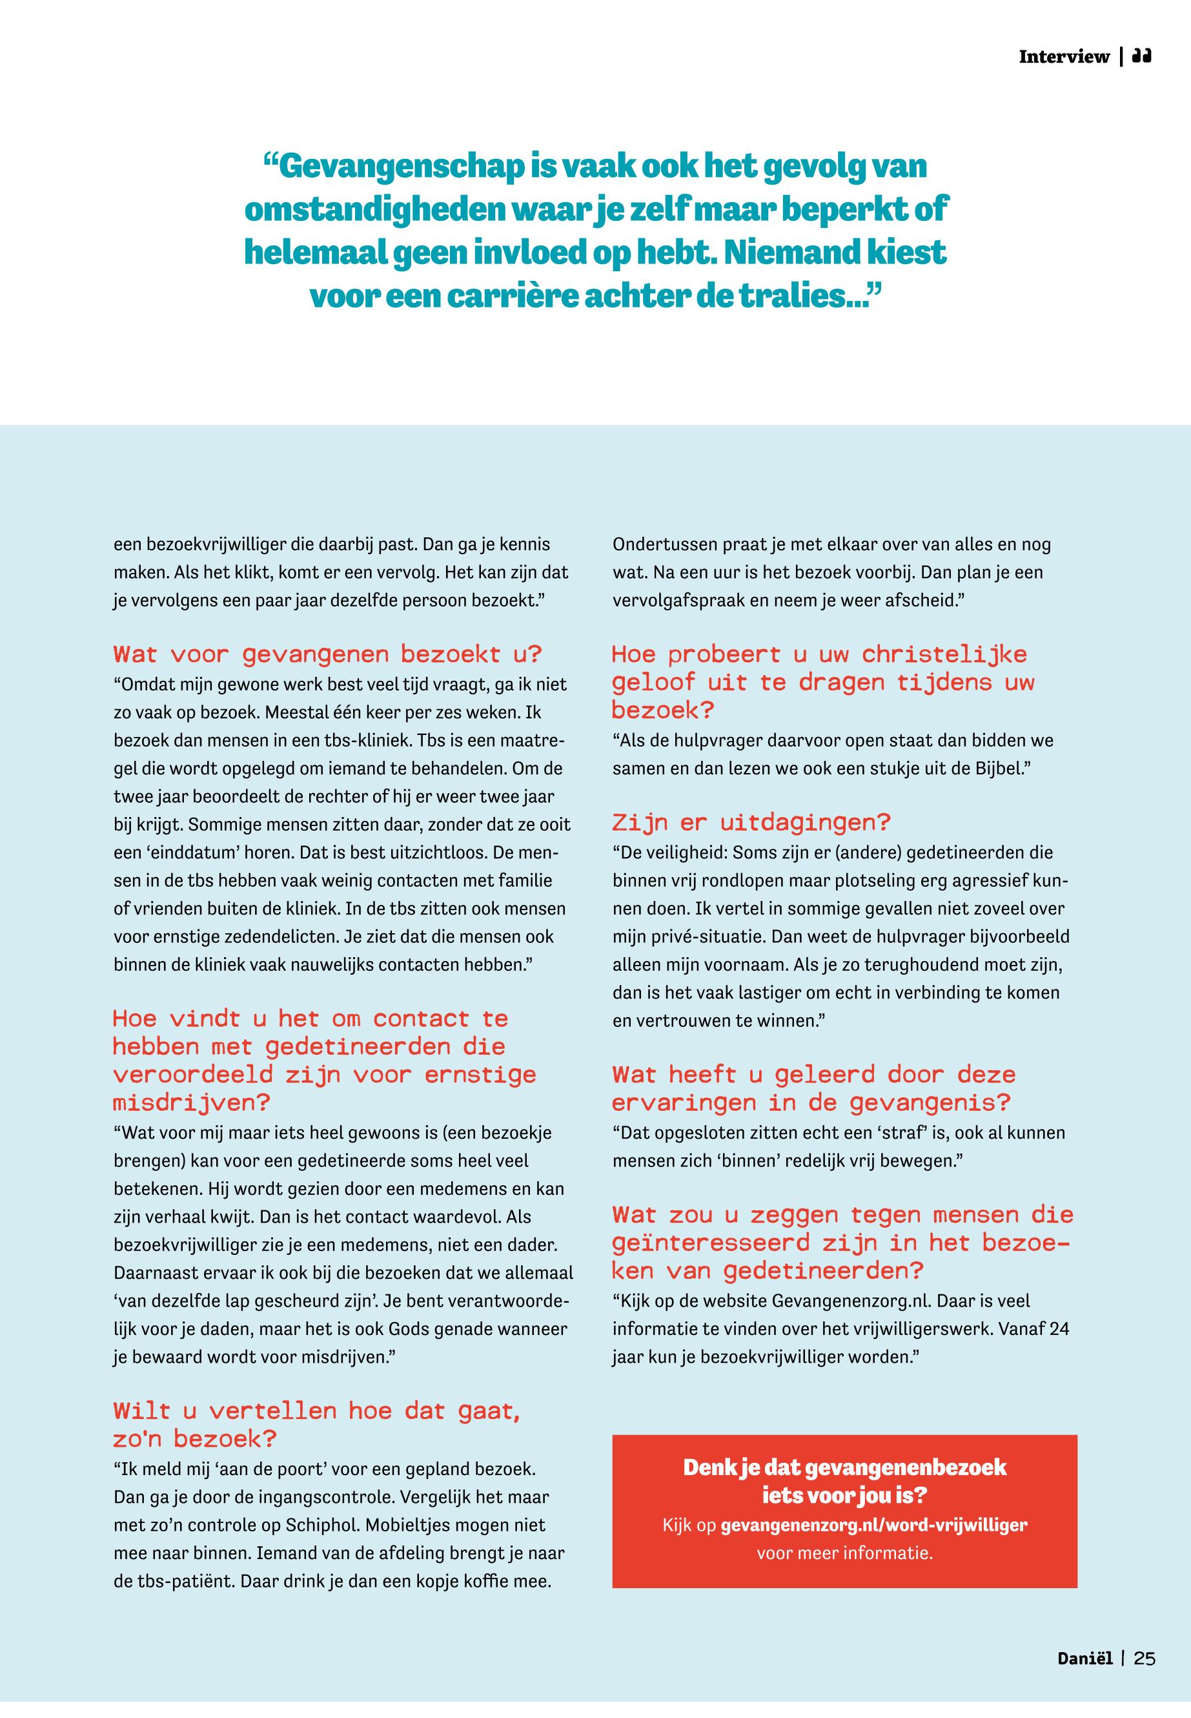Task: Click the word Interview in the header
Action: (x=1063, y=57)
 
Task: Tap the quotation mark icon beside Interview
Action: (x=1142, y=56)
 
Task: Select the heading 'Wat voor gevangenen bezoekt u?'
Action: (x=327, y=655)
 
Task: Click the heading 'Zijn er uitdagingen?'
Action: (x=751, y=823)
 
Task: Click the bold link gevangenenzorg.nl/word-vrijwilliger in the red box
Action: (x=874, y=1525)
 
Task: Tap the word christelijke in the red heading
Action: (x=944, y=655)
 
